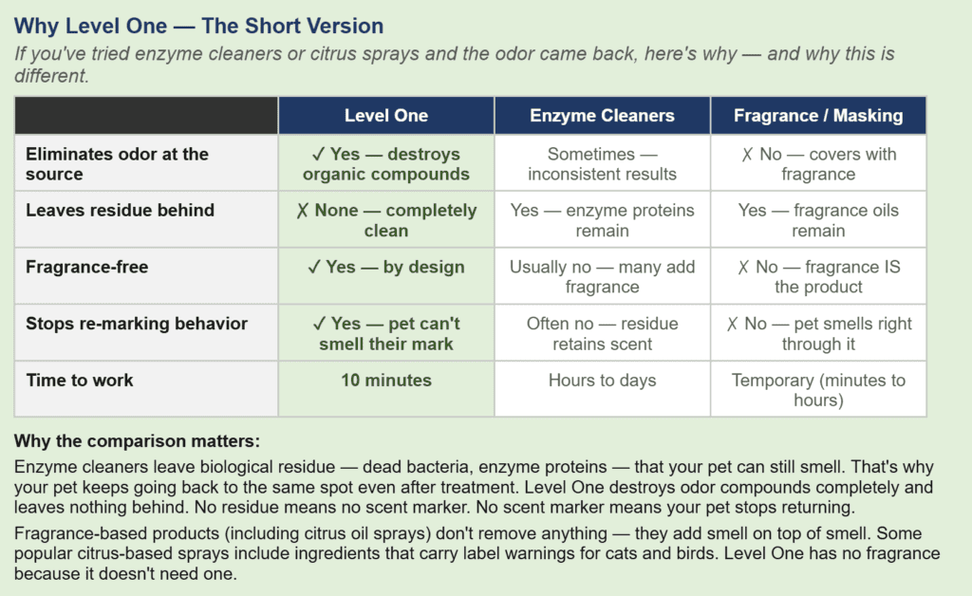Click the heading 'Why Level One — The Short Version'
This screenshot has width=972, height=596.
point(199,26)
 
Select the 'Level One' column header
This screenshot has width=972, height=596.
point(385,116)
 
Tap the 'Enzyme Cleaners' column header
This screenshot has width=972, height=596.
point(602,116)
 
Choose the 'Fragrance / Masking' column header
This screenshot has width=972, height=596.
point(818,116)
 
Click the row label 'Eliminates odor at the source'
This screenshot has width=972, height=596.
point(117,163)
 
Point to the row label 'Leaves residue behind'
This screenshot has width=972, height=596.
point(120,211)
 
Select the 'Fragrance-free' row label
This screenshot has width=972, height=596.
point(86,267)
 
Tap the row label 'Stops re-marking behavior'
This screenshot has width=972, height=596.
point(136,324)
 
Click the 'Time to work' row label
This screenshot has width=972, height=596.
point(80,381)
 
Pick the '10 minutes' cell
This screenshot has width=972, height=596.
point(385,381)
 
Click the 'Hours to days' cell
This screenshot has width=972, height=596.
point(602,381)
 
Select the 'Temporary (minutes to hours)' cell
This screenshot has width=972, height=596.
point(818,390)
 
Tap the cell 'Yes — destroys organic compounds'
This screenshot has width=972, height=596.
point(385,163)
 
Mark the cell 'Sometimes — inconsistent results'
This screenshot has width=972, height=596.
point(602,163)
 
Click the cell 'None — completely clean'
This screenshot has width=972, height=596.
point(385,220)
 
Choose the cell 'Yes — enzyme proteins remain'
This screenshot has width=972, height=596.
point(602,220)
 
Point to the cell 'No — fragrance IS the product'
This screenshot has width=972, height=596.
point(818,276)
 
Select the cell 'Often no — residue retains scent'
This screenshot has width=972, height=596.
point(602,333)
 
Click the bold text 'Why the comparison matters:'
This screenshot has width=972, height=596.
point(137,441)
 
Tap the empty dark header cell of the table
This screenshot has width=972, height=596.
point(146,116)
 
